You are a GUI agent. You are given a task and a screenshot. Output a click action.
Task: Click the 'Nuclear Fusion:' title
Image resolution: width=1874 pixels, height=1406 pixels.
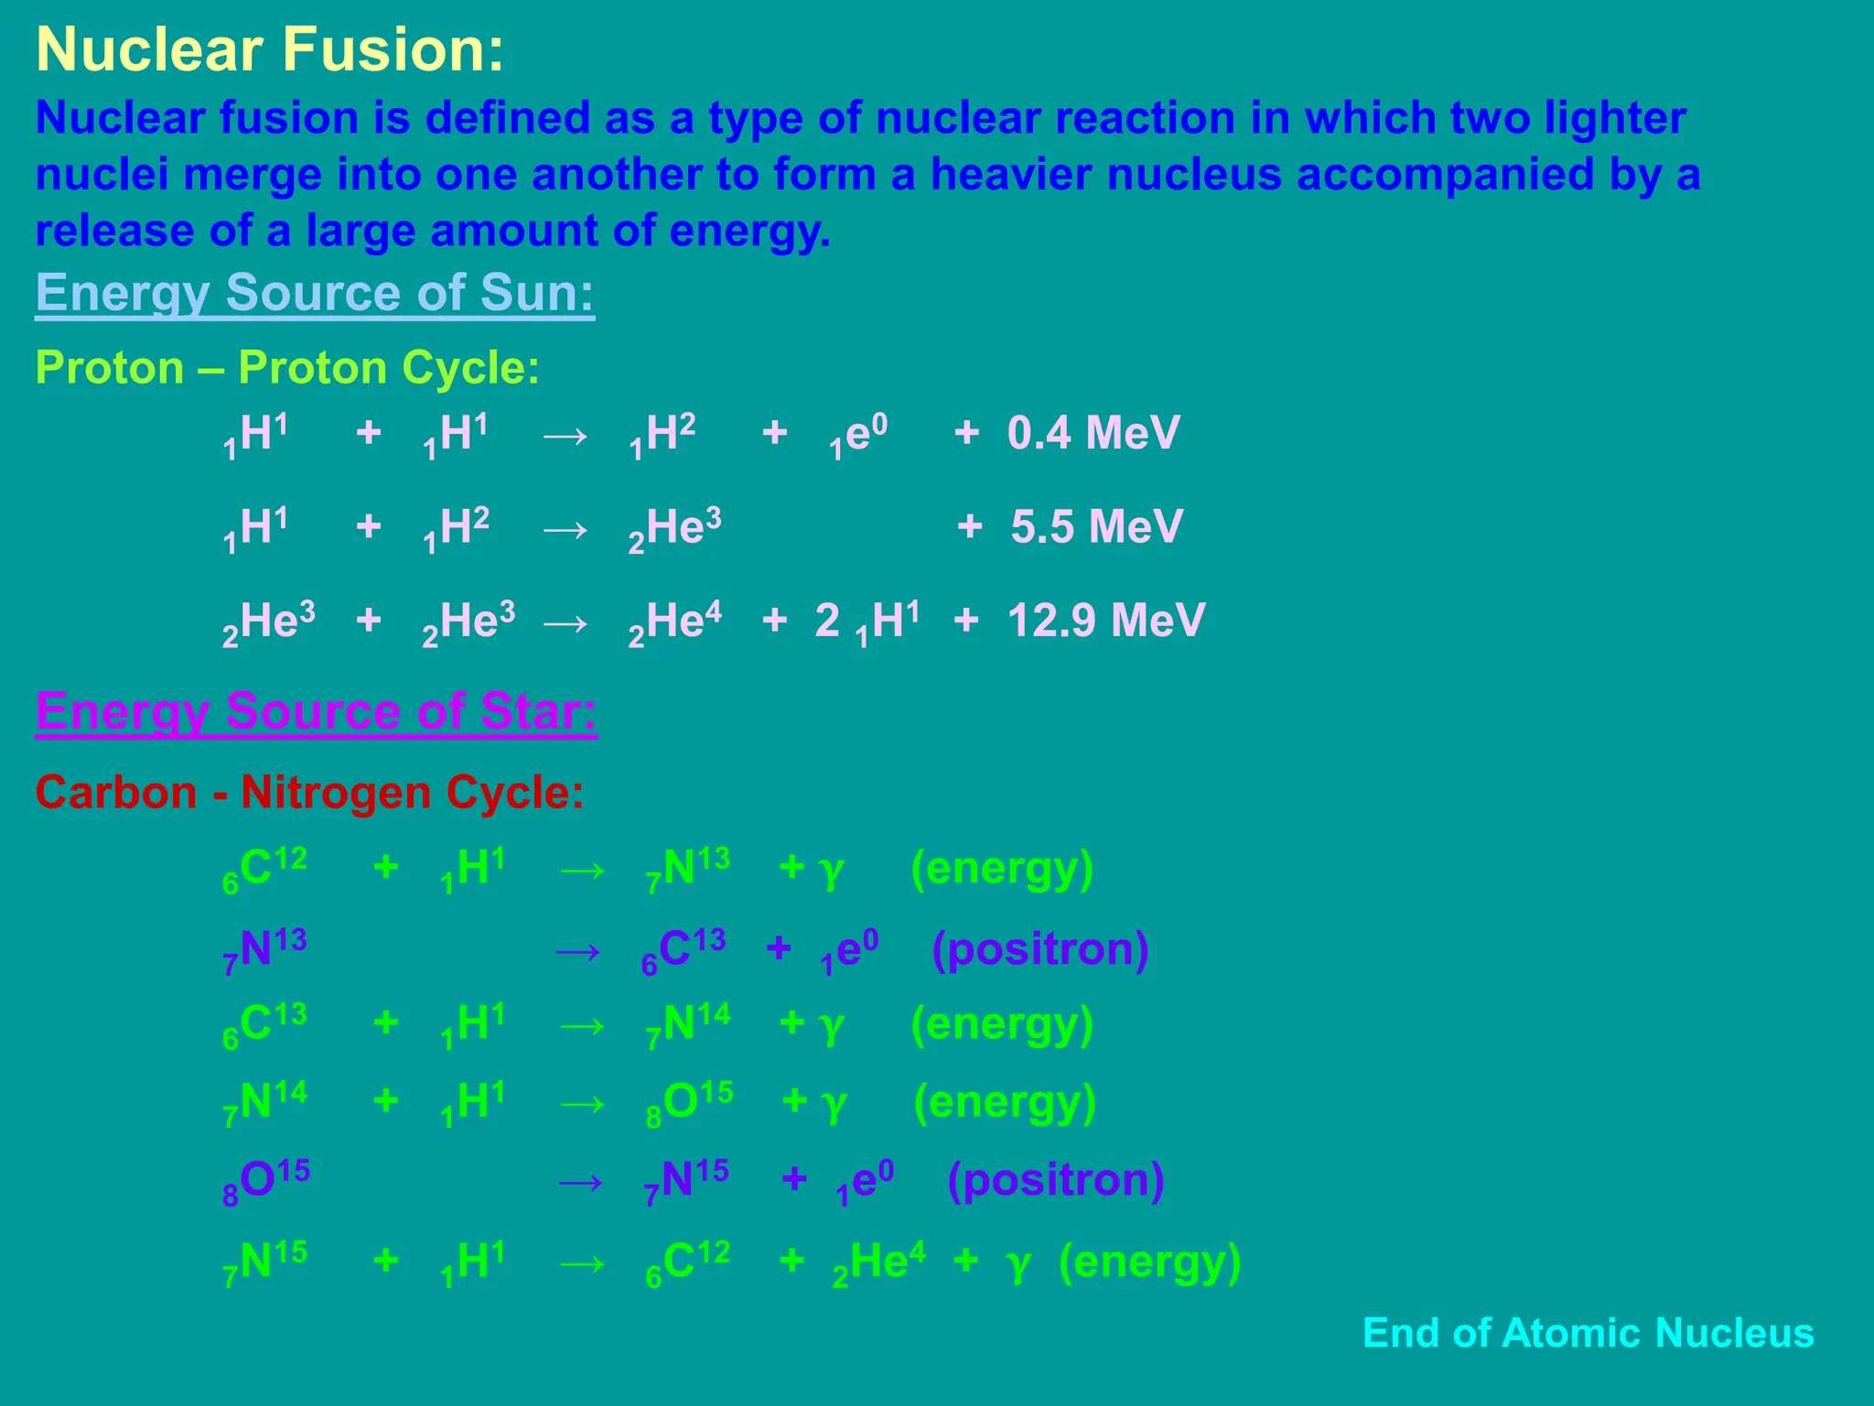[270, 49]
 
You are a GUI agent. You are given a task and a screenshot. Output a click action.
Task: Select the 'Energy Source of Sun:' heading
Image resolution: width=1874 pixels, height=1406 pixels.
[315, 293]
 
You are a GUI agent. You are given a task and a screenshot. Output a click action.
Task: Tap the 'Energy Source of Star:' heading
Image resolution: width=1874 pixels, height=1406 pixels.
[316, 711]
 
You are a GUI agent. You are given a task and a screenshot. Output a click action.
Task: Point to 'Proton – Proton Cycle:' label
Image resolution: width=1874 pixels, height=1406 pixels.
[287, 368]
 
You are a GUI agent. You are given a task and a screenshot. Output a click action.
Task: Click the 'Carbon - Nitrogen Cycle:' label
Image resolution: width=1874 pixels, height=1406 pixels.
[309, 793]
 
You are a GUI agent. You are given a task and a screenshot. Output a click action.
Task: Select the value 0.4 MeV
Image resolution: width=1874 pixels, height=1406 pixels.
[1093, 433]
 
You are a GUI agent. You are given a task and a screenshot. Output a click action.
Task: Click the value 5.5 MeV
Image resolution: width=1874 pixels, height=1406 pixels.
[1097, 527]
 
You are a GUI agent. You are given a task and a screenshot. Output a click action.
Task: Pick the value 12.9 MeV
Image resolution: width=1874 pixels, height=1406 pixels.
[1106, 621]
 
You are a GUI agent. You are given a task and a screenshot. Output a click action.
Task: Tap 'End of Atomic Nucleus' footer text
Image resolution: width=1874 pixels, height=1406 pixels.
[1588, 1333]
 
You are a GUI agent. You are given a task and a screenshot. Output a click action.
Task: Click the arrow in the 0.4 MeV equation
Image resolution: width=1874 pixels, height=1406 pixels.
[565, 435]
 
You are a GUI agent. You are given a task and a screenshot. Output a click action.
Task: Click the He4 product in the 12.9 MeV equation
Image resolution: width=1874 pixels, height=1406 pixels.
[675, 622]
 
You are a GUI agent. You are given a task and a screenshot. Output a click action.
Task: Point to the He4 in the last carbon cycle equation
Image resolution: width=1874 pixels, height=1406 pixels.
[878, 1262]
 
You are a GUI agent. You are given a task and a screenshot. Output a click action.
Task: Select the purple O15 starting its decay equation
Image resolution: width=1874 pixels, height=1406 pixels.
[266, 1180]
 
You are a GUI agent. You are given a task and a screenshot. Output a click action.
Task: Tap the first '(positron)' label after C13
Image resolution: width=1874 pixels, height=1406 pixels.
[1039, 949]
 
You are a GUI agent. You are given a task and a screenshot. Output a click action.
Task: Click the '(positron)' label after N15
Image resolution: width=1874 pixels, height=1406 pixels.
[1055, 1180]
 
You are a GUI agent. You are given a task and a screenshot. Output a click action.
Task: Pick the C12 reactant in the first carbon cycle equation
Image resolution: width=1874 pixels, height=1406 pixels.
[264, 869]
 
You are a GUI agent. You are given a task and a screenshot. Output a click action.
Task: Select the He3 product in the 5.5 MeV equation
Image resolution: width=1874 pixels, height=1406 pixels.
[675, 529]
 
